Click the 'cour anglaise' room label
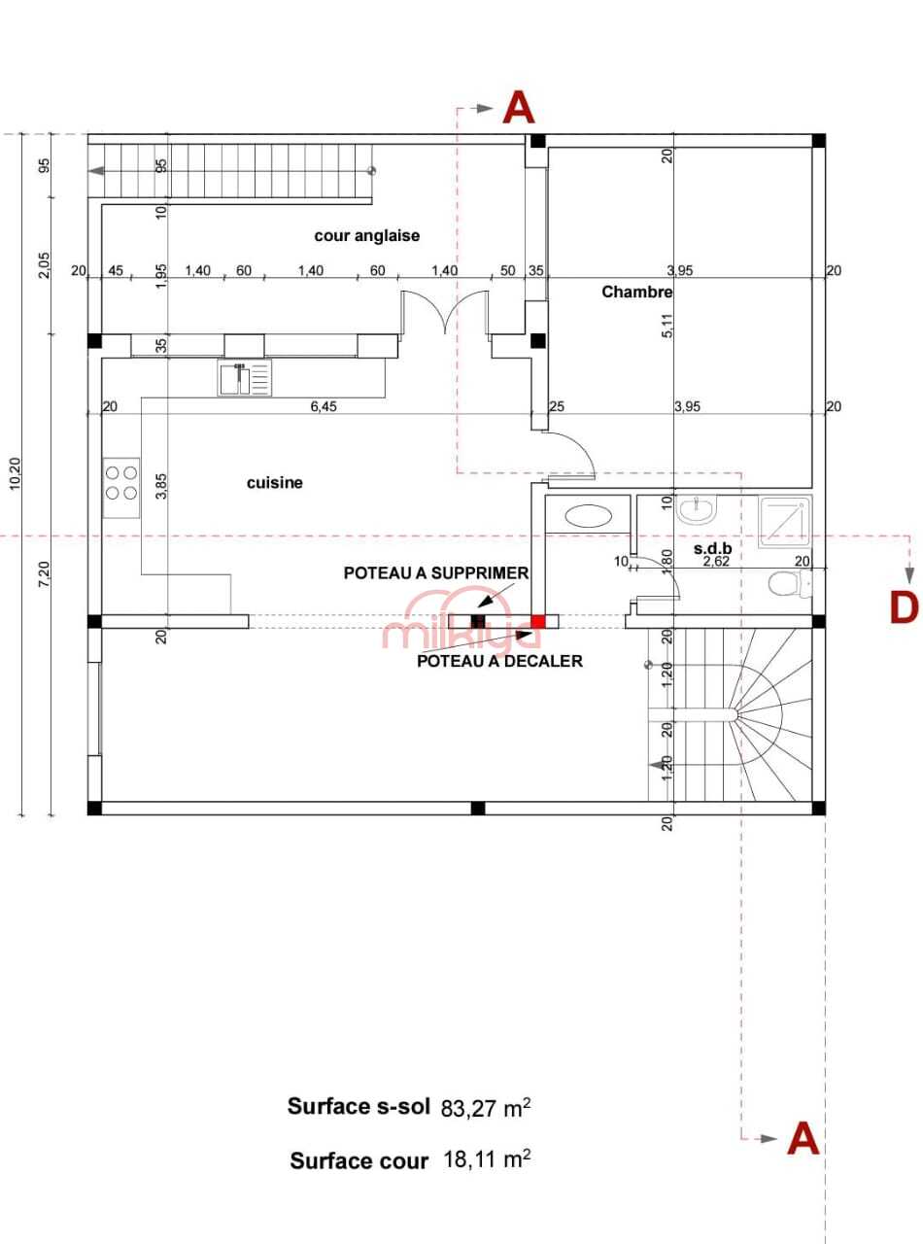[x=366, y=235]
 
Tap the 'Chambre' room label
[x=637, y=292]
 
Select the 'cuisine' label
[x=275, y=482]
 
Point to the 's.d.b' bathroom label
[x=713, y=548]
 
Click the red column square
[x=538, y=621]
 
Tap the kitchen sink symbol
[x=245, y=378]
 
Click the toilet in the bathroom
[x=790, y=583]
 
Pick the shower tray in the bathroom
[x=784, y=521]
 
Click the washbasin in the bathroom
[x=697, y=510]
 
